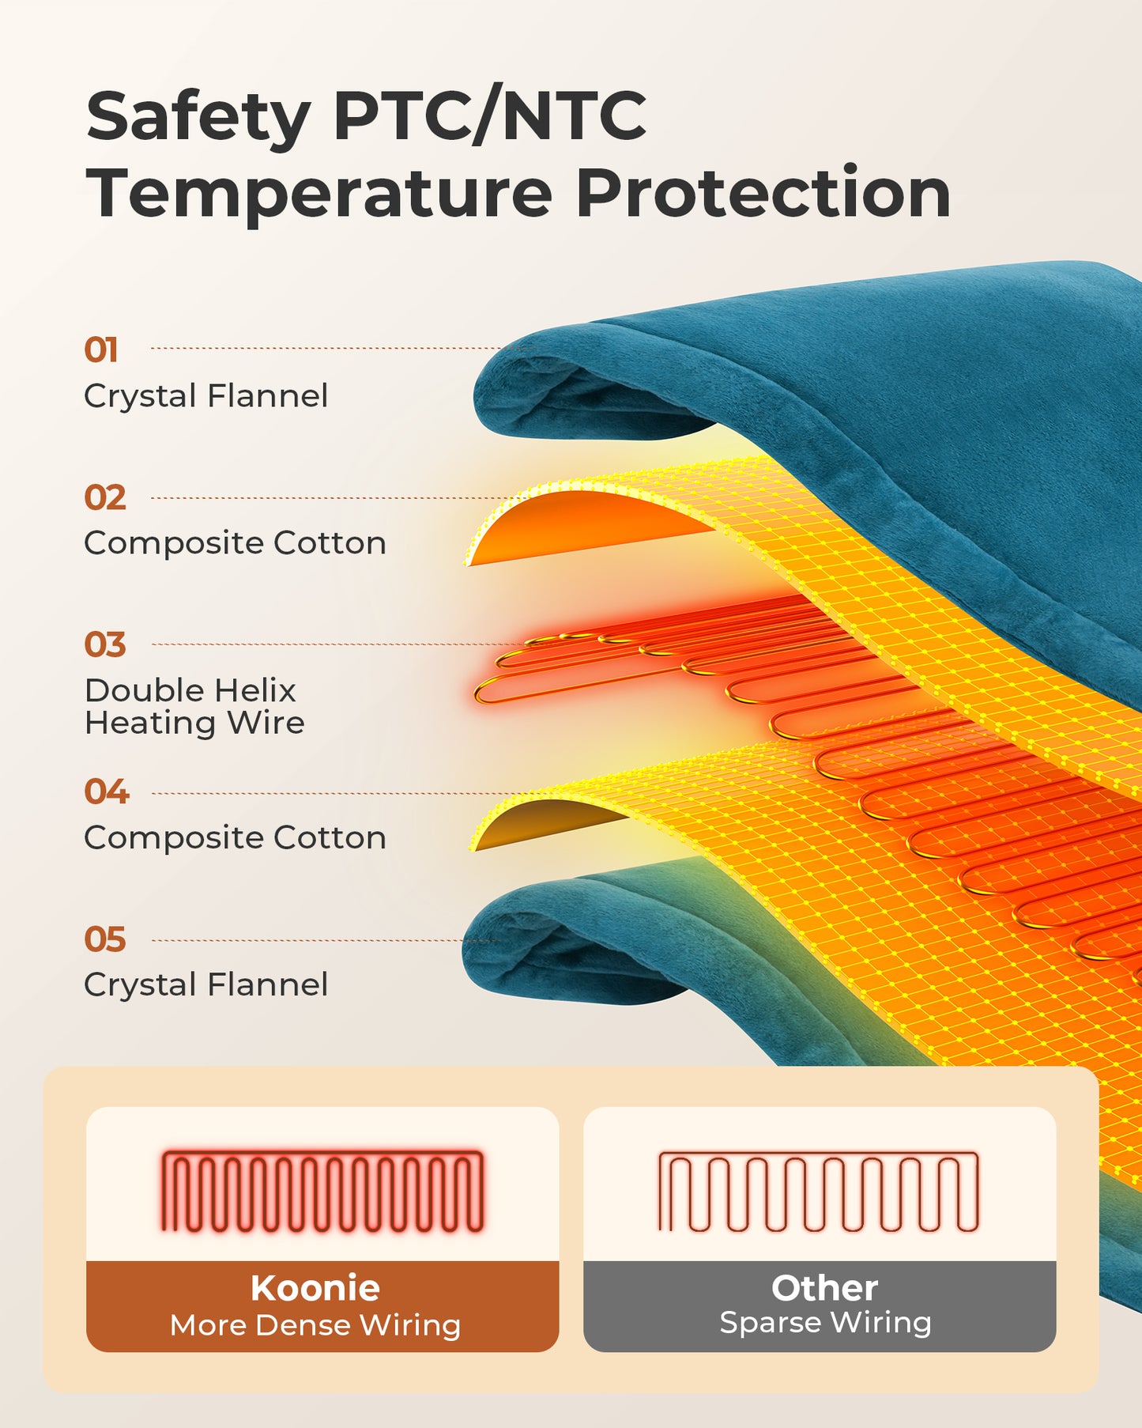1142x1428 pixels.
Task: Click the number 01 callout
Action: pos(101,349)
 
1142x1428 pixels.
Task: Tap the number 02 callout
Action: pos(105,497)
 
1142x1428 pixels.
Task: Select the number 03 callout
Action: pos(105,644)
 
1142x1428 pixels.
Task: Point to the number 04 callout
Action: pos(107,791)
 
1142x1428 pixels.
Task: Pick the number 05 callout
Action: pos(105,939)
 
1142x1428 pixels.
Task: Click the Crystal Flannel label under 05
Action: pos(206,985)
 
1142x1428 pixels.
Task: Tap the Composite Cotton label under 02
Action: pos(236,544)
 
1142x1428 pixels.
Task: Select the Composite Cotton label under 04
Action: pos(236,838)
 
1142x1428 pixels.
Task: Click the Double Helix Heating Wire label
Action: pos(194,707)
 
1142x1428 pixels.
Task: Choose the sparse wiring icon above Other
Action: pos(819,1192)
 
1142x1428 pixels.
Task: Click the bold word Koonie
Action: pos(315,1288)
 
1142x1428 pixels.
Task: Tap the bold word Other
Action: pos(824,1288)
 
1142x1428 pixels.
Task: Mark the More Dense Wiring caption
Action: pos(315,1325)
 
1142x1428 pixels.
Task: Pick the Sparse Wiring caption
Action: pos(825,1323)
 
